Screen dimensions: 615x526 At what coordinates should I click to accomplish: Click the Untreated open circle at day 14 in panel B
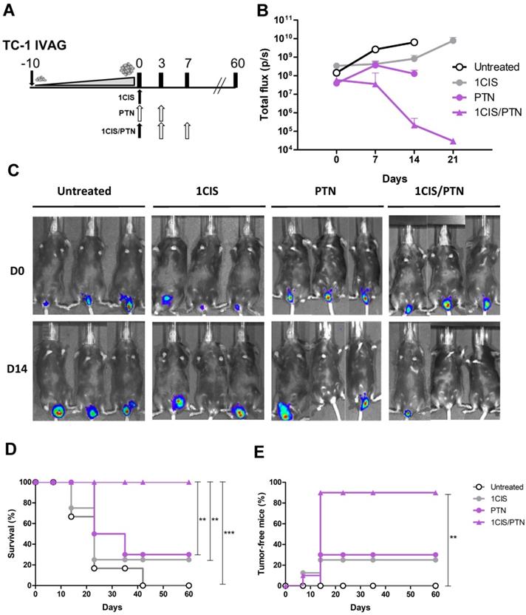pyautogui.click(x=414, y=42)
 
